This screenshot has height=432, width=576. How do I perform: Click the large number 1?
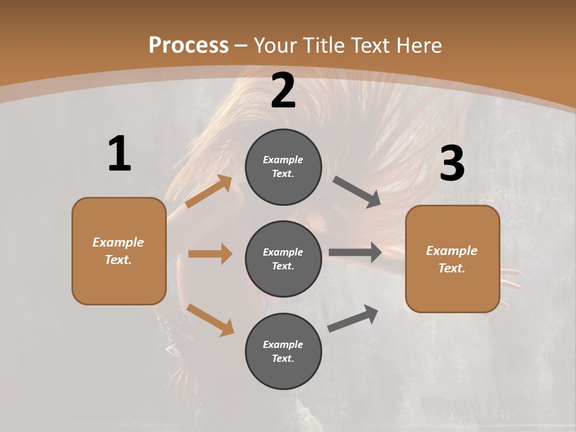tap(119, 154)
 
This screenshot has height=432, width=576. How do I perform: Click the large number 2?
tap(283, 91)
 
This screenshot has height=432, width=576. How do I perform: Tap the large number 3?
tap(452, 163)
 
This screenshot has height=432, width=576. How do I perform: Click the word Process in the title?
tap(188, 45)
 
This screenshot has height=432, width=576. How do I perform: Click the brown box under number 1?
tap(119, 251)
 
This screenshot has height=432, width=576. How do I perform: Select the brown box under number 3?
tap(452, 259)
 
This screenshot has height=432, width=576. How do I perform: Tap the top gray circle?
tap(283, 167)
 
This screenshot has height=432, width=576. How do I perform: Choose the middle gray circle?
tap(283, 259)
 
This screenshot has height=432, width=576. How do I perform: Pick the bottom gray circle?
tap(283, 351)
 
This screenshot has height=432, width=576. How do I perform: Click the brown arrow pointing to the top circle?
tap(209, 191)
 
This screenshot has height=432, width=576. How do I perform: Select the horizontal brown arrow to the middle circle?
tap(210, 254)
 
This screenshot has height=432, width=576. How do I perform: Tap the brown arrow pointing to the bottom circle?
tap(211, 320)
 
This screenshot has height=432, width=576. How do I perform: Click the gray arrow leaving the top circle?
tap(357, 192)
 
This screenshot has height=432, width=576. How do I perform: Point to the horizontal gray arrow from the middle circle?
tap(355, 252)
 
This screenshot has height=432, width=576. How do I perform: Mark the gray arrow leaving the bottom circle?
tap(353, 319)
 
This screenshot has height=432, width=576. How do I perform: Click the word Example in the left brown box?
tap(118, 242)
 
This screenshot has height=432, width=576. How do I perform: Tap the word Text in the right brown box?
tap(451, 268)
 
